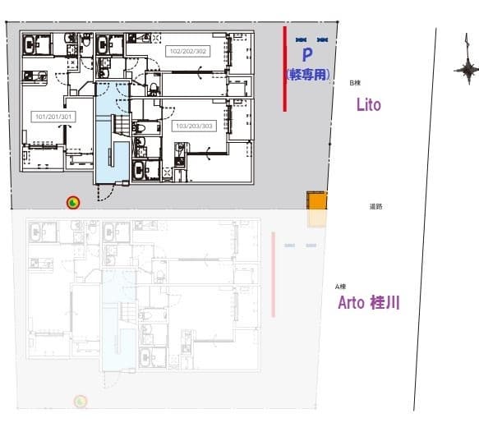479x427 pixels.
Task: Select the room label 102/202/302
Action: pyautogui.click(x=187, y=50)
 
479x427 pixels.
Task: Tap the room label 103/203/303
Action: pyautogui.click(x=193, y=126)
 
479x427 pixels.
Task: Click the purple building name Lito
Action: pyautogui.click(x=368, y=105)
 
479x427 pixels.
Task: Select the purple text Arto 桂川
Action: pyautogui.click(x=369, y=303)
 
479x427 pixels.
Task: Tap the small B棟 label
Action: pyautogui.click(x=355, y=84)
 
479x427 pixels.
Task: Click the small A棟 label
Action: pyautogui.click(x=339, y=286)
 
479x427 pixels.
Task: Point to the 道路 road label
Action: pyautogui.click(x=376, y=207)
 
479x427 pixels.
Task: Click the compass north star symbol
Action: pyautogui.click(x=467, y=71)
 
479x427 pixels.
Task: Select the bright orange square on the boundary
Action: pyautogui.click(x=317, y=202)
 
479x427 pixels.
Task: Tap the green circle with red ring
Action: pyautogui.click(x=73, y=203)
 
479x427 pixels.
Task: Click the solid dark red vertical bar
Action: pyautogui.click(x=284, y=68)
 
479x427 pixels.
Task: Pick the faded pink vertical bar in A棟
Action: pyautogui.click(x=272, y=274)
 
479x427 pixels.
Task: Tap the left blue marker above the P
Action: pyautogui.click(x=301, y=39)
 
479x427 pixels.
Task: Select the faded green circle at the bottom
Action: pyautogui.click(x=81, y=402)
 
